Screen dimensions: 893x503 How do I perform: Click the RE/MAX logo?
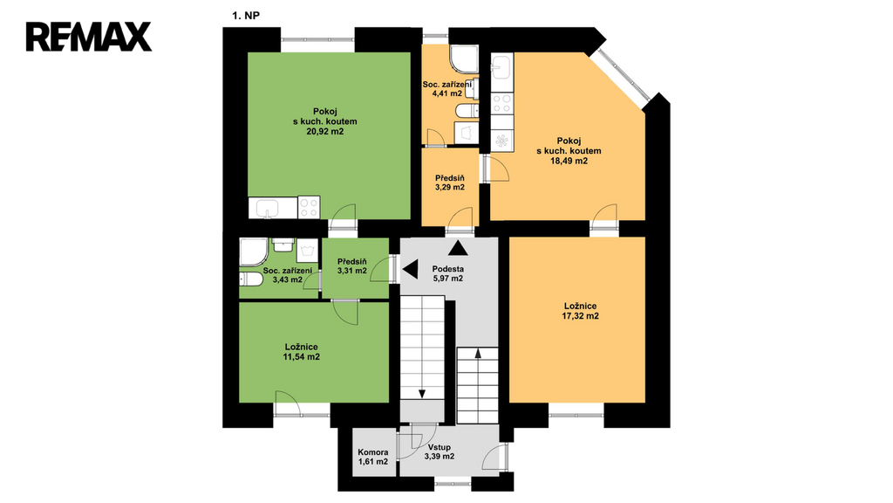coord(88,37)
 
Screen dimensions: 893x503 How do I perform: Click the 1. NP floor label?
coord(245,16)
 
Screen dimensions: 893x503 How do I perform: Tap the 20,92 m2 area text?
coord(324,132)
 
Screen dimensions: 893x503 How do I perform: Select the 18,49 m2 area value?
coord(569,162)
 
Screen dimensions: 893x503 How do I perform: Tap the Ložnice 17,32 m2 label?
coord(580,311)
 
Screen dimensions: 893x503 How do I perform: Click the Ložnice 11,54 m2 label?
coord(301,352)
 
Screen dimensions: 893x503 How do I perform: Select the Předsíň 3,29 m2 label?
coord(450,183)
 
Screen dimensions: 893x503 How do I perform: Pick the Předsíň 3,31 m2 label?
coord(352,266)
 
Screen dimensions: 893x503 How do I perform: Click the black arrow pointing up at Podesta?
coord(459,248)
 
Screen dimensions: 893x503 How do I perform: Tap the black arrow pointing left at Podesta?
coord(411,269)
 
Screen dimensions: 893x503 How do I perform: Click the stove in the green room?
coord(309,207)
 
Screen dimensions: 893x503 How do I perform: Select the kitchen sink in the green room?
coord(267,208)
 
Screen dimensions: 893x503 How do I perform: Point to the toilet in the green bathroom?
coord(250,279)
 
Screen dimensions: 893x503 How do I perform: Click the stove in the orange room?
coord(502,103)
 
